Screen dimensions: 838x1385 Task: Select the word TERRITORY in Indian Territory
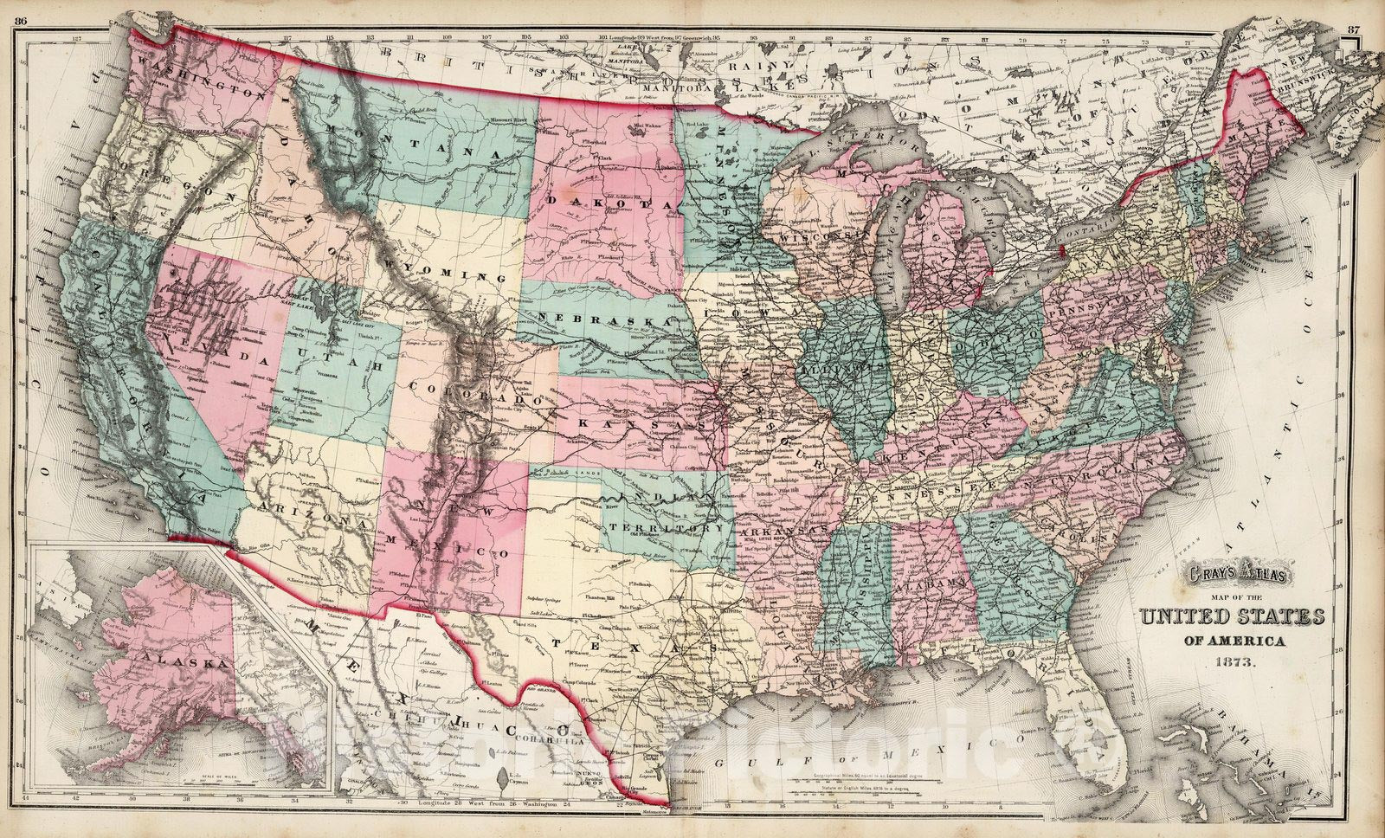[666, 527]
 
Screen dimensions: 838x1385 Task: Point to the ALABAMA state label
[931, 585]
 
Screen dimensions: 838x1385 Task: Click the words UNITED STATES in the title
[1231, 617]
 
